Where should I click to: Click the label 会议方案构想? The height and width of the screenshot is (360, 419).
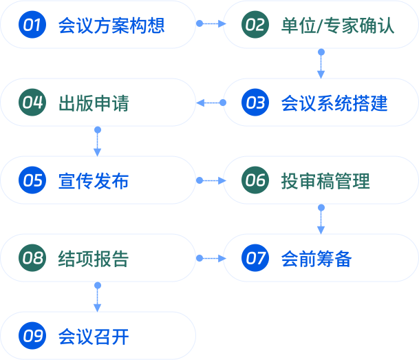[111, 25]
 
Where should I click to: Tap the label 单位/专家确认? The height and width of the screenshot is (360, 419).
[338, 25]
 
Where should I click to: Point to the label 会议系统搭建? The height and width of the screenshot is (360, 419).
[334, 103]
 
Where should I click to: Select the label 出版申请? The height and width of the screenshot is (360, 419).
[94, 103]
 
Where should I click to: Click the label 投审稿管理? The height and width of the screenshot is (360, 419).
[325, 181]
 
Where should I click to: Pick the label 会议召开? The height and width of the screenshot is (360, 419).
[94, 337]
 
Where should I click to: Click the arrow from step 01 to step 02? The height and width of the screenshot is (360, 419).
[211, 23]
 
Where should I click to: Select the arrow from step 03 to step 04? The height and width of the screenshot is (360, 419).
[211, 103]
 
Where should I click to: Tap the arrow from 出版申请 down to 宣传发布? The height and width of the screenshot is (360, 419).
[97, 142]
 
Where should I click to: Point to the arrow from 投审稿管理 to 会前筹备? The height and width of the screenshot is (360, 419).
[321, 220]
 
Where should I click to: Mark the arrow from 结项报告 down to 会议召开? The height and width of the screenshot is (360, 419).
[97, 297]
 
